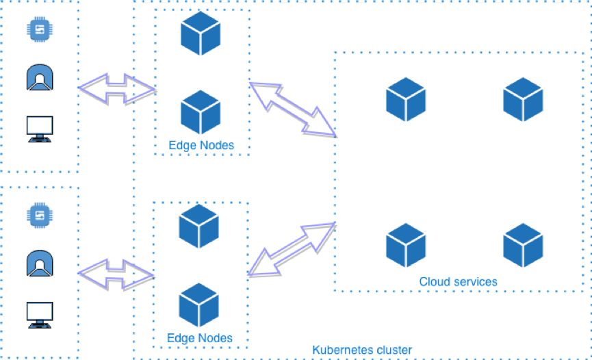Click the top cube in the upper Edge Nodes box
point(201,34)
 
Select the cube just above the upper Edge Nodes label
point(201,112)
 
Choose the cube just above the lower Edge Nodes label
point(199,306)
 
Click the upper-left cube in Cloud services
point(406,99)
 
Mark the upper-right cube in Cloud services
point(523,99)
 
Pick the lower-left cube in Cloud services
point(406,245)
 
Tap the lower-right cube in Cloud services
point(523,245)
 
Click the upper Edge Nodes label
point(201,145)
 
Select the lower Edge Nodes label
point(200,338)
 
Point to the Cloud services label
point(458,281)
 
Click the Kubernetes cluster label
point(362,350)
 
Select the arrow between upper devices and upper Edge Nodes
point(117,87)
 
